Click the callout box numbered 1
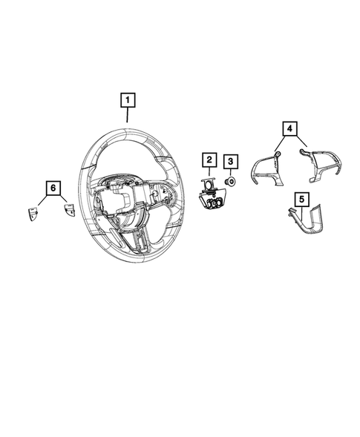[x=128, y=99]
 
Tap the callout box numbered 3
[x=231, y=160]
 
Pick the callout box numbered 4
[x=288, y=128]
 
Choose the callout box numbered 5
[x=301, y=199]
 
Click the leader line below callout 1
[x=128, y=114]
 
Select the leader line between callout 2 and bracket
[x=209, y=172]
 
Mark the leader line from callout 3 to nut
[x=231, y=172]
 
